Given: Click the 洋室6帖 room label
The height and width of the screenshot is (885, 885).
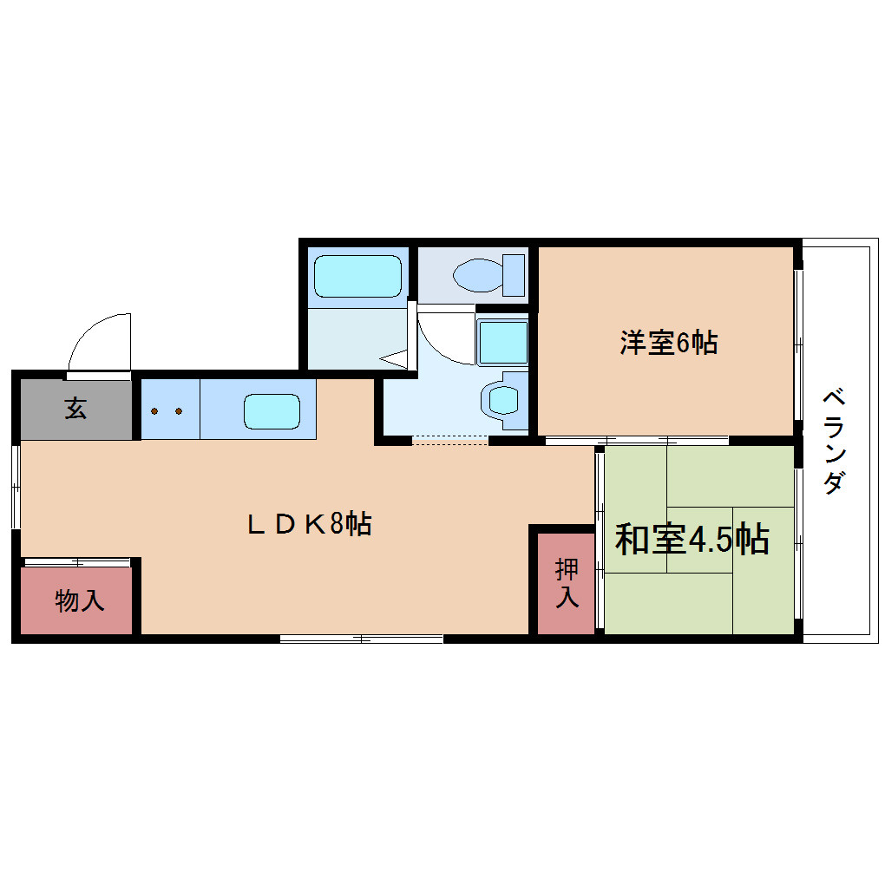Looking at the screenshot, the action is tap(669, 343).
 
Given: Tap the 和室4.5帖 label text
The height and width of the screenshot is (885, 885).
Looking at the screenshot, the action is tap(692, 539).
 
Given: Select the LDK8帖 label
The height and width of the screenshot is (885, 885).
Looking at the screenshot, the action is tap(309, 524).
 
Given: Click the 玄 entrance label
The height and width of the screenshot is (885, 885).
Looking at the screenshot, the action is tap(75, 408).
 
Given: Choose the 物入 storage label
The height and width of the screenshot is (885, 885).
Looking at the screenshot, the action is tap(80, 600).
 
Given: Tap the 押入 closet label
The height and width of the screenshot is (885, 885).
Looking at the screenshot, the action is tap(567, 583).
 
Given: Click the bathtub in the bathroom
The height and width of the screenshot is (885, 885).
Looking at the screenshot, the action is tap(357, 276).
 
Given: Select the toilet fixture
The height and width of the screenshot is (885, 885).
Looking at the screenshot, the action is tap(488, 275).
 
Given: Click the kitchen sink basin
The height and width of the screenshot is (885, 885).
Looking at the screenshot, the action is tap(272, 411).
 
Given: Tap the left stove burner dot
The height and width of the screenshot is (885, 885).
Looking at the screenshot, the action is tap(154, 411).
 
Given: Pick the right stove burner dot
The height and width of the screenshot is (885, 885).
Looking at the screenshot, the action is tap(179, 411).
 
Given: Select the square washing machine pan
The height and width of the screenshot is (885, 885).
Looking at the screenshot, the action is tap(502, 342).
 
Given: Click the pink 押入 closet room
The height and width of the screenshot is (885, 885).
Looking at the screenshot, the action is tap(566, 583).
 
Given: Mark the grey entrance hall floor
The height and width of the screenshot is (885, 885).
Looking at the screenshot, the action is tap(75, 410).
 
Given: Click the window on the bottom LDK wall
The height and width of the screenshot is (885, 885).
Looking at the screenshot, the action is tap(361, 639).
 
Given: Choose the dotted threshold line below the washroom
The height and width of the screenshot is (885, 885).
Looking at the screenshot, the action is tap(449, 440).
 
